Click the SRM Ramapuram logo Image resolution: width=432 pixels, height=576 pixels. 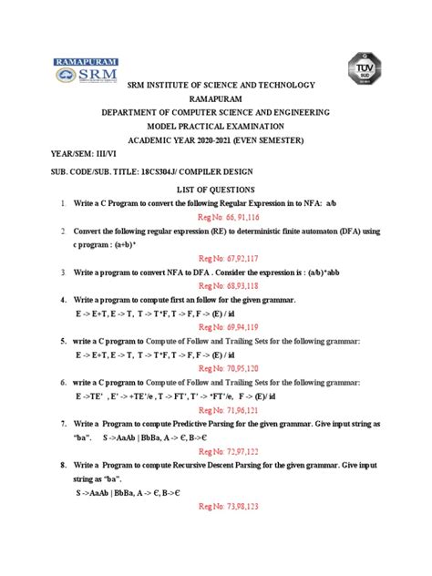click(x=83, y=69)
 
